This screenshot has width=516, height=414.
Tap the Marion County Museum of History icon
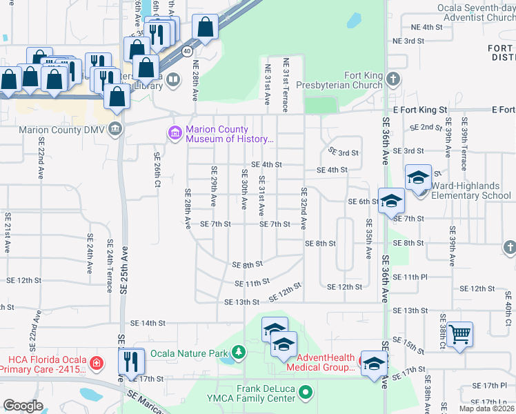point(175,132)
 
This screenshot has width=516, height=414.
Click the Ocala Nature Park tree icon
point(238,353)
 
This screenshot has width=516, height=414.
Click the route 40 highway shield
point(187,51)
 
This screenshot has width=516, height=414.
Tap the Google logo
point(23,406)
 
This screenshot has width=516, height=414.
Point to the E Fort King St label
point(420,110)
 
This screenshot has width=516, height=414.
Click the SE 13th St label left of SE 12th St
point(241,302)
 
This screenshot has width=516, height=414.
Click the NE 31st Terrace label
point(285,85)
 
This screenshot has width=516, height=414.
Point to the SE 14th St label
point(148,323)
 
